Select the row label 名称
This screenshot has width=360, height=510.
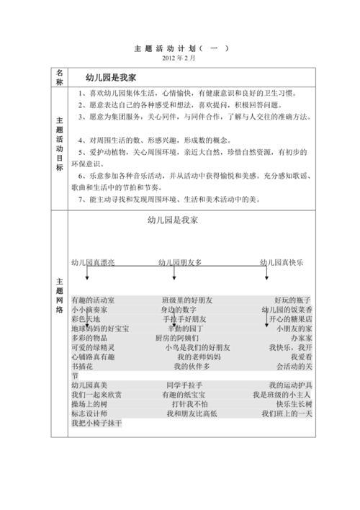click(x=59, y=78)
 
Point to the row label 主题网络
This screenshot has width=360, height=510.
click(x=59, y=295)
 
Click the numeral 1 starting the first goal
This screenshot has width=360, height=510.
click(x=80, y=93)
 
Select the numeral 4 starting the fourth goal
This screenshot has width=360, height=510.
click(x=80, y=140)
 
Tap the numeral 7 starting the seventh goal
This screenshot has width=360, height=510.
click(x=80, y=200)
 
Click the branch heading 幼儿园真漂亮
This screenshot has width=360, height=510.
click(x=93, y=262)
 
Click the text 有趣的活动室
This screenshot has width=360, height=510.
click(x=93, y=300)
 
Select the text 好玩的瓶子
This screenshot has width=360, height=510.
click(x=293, y=300)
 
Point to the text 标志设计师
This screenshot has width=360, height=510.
click(x=89, y=414)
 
